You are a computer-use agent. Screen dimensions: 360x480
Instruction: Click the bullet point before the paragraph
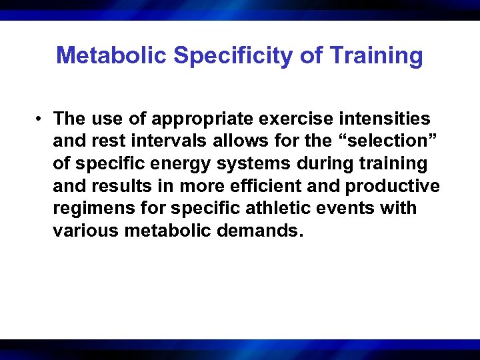[x=41, y=119]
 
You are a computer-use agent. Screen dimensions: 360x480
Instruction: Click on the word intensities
[x=384, y=119]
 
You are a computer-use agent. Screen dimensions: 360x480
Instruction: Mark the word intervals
[x=166, y=141]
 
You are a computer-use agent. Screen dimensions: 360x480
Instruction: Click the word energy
[x=183, y=164]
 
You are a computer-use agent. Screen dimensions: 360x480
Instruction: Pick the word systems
[x=257, y=164]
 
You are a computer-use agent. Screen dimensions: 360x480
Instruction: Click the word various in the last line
[x=87, y=231]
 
